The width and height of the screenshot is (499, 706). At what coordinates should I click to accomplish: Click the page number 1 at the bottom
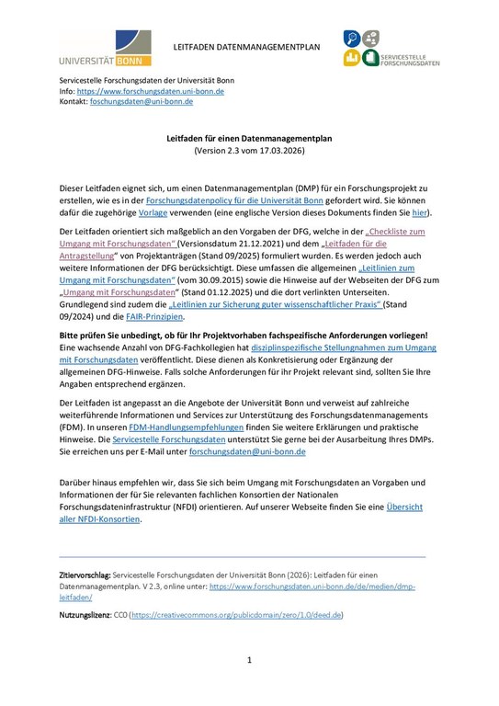(248, 661)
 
